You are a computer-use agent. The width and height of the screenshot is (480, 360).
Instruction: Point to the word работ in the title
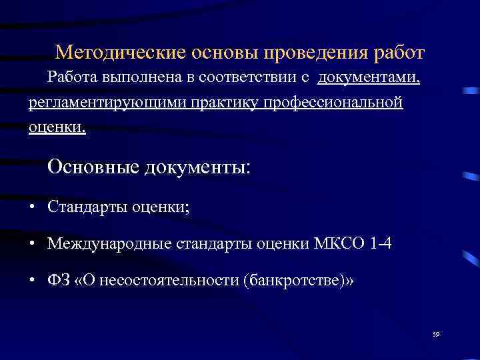pyautogui.click(x=399, y=53)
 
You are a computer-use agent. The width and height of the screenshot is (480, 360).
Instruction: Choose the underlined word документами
pyautogui.click(x=369, y=78)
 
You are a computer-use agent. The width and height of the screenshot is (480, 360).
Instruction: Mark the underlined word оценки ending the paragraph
pyautogui.click(x=57, y=128)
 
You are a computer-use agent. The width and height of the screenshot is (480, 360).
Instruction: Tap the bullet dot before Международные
pyautogui.click(x=32, y=245)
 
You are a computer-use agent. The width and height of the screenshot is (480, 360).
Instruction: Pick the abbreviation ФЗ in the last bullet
pyautogui.click(x=58, y=280)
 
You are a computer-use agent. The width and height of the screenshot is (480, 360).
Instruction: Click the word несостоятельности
pyautogui.click(x=167, y=280)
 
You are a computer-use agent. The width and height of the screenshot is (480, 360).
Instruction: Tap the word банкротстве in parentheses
pyautogui.click(x=293, y=280)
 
